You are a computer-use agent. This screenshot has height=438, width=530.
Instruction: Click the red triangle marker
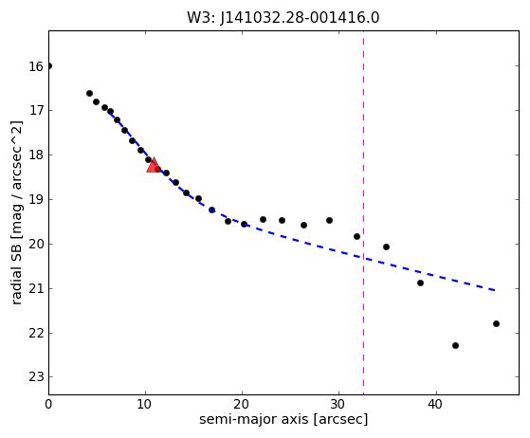pyautogui.click(x=154, y=165)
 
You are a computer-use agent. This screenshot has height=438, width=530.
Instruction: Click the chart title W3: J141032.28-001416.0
pyautogui.click(x=283, y=18)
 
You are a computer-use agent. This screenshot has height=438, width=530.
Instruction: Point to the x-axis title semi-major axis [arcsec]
pyautogui.click(x=283, y=419)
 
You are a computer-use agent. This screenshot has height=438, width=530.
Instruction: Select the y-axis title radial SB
pyautogui.click(x=16, y=213)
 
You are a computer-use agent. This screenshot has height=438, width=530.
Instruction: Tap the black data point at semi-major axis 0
pyautogui.click(x=49, y=66)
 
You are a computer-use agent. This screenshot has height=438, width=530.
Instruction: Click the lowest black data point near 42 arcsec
pyautogui.click(x=455, y=345)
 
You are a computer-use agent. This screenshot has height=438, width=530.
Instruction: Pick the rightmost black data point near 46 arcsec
pyautogui.click(x=496, y=324)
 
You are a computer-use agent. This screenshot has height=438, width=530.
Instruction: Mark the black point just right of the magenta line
pyautogui.click(x=386, y=247)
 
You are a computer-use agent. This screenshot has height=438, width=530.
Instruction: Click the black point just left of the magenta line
pyautogui.click(x=356, y=237)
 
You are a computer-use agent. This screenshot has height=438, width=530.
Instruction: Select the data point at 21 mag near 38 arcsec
pyautogui.click(x=420, y=283)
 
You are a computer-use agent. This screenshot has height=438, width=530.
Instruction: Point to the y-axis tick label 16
pyautogui.click(x=36, y=66)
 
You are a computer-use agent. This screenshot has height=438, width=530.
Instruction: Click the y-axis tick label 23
pyautogui.click(x=36, y=376)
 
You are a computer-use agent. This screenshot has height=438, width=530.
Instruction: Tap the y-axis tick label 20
pyautogui.click(x=36, y=244)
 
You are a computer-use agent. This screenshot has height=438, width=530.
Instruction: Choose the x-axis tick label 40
pyautogui.click(x=436, y=404)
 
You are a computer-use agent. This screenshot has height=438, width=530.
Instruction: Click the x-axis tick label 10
pyautogui.click(x=145, y=404)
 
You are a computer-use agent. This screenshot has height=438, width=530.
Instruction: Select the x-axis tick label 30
pyautogui.click(x=338, y=404)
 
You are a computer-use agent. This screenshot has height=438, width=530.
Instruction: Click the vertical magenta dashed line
pyautogui.click(x=364, y=213)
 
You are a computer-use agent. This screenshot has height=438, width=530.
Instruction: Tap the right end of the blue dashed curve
pyautogui.click(x=495, y=290)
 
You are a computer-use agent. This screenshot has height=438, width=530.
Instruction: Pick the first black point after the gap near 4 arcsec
pyautogui.click(x=89, y=93)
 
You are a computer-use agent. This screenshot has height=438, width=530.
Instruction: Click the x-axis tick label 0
pyautogui.click(x=48, y=404)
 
